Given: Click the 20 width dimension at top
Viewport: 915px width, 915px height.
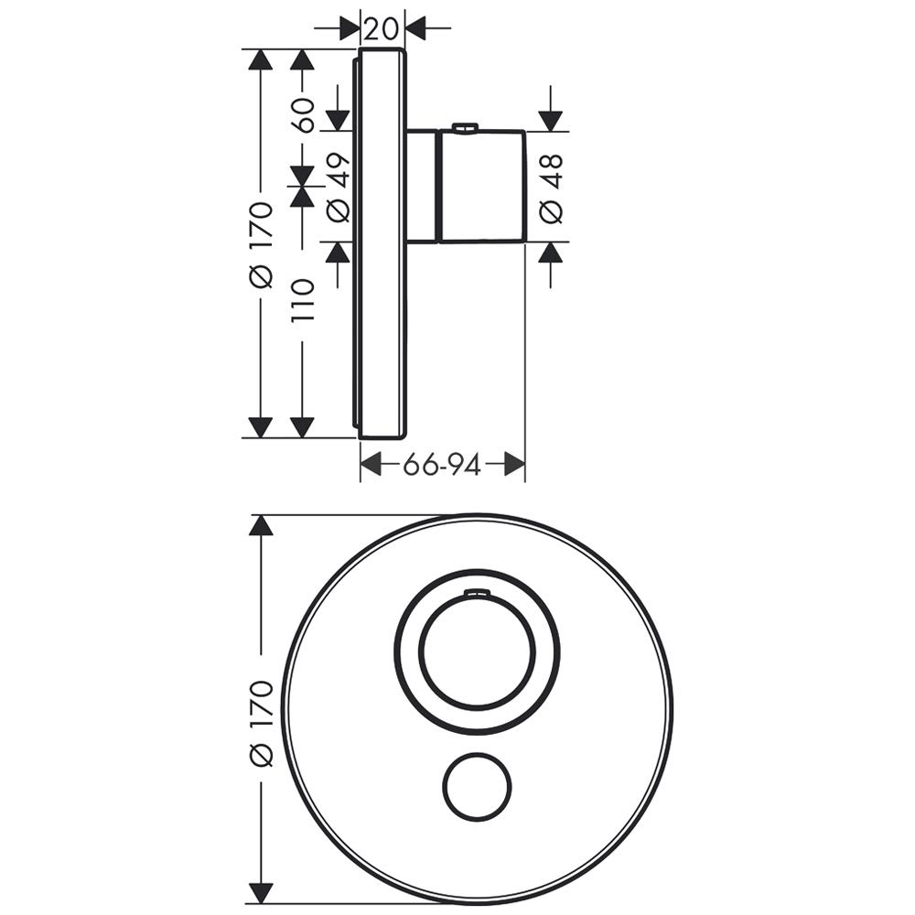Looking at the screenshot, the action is point(381,27).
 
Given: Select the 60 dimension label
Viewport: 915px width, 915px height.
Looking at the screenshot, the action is point(304,115).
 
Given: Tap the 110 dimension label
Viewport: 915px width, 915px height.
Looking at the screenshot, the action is point(304,300).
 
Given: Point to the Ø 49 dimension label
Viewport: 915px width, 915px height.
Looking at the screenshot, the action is point(339,188).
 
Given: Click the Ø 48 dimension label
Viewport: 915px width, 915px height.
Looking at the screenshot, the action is point(552,188).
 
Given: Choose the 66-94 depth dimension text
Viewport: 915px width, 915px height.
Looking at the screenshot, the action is point(442,465).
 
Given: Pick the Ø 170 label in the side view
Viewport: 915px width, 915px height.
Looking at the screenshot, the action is point(262,245).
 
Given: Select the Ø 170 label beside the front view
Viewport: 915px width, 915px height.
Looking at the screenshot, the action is point(262,723).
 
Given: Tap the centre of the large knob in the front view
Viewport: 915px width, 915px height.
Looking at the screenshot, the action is point(478,651).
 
